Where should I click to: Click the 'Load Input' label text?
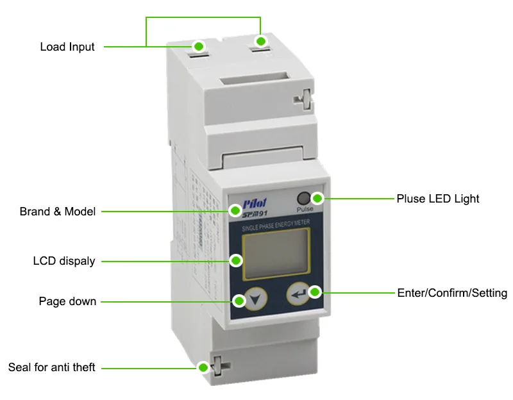tap(67, 47)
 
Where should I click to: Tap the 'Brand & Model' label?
tap(58, 212)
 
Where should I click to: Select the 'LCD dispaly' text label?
tap(64, 261)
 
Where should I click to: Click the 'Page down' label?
tap(67, 301)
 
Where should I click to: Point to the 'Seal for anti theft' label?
tap(52, 367)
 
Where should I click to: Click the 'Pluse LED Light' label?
tap(438, 199)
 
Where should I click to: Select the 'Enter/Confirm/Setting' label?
tap(453, 293)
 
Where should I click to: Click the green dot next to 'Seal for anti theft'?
tap(203, 367)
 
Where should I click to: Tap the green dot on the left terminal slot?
tap(199, 46)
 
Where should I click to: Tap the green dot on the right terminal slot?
tap(260, 41)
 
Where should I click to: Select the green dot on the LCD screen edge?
tap(236, 261)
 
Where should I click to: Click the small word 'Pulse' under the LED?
tap(305, 210)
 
